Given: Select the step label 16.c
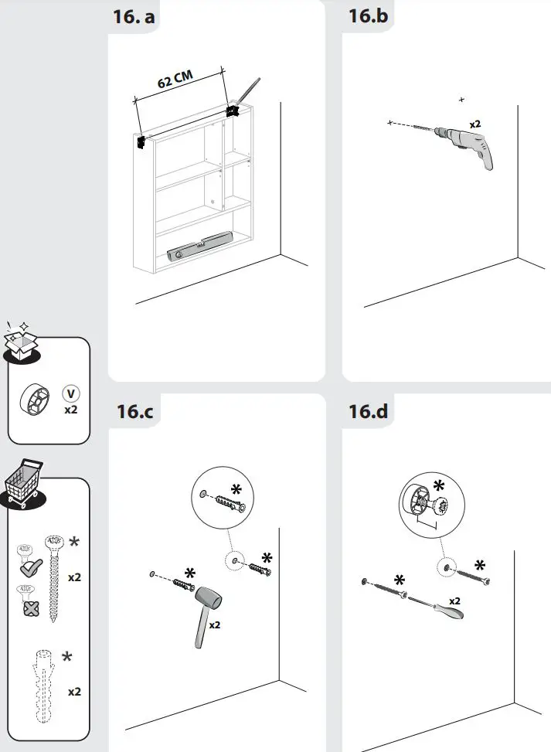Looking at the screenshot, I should click(135, 411).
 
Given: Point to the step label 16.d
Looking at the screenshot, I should click(370, 411).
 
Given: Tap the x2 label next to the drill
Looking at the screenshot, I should click(475, 124).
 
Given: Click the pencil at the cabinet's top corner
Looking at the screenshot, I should click(247, 93).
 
